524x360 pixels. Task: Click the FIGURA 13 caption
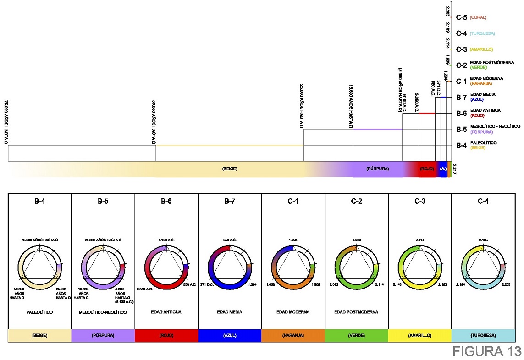point(487,351)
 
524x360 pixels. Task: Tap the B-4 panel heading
point(40,201)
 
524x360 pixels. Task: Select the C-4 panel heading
point(483,201)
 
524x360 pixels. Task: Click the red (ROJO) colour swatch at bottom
point(166,335)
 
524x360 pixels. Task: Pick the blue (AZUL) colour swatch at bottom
point(230,335)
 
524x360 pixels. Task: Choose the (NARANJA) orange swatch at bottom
point(293,335)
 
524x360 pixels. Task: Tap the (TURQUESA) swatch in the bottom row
point(483,335)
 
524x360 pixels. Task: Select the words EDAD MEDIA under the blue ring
point(230,312)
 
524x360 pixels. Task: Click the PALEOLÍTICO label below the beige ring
point(40,312)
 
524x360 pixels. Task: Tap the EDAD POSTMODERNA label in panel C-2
point(356,312)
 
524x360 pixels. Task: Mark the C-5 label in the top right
point(461,17)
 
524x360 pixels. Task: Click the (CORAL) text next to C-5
point(478,17)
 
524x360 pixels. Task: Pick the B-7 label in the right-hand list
point(461,97)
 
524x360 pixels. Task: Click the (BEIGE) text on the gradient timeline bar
point(229,169)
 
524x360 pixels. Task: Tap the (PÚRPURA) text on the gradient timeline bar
point(378,169)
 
